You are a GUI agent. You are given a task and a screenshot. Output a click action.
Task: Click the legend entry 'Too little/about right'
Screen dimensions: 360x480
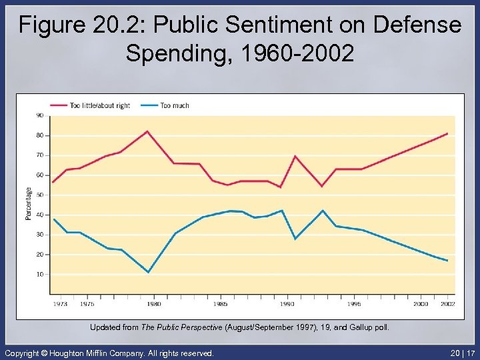[x=100, y=105]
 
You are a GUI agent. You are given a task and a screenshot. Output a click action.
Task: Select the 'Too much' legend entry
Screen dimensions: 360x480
[x=174, y=105]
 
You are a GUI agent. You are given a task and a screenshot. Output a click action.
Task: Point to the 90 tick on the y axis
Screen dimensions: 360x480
[x=39, y=115]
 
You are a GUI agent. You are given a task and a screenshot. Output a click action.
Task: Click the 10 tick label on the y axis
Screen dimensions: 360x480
[x=39, y=274]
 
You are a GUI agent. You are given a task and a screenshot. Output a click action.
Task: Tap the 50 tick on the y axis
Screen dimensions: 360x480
[x=39, y=195]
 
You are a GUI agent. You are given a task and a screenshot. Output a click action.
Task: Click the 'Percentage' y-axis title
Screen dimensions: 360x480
[x=29, y=203]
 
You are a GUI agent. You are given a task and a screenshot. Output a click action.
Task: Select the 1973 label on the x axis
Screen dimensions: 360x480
[x=60, y=304]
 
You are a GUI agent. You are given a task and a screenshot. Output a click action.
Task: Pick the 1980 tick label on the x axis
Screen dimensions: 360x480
[x=153, y=304]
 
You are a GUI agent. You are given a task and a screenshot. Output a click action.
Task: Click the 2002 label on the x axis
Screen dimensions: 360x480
[x=447, y=304]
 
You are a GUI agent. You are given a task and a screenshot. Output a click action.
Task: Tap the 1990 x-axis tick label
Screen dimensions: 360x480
[x=287, y=304]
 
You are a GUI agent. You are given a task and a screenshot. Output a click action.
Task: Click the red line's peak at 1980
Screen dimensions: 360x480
[x=147, y=131]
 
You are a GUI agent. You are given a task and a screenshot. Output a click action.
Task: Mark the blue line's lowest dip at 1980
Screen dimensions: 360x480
[x=148, y=272]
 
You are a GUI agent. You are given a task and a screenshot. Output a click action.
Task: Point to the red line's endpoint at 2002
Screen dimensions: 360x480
[x=447, y=133]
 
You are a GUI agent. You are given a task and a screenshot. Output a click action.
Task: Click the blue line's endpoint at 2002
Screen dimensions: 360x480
[x=447, y=261]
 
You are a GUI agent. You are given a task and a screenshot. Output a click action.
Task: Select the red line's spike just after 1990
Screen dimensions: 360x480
[x=295, y=156]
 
